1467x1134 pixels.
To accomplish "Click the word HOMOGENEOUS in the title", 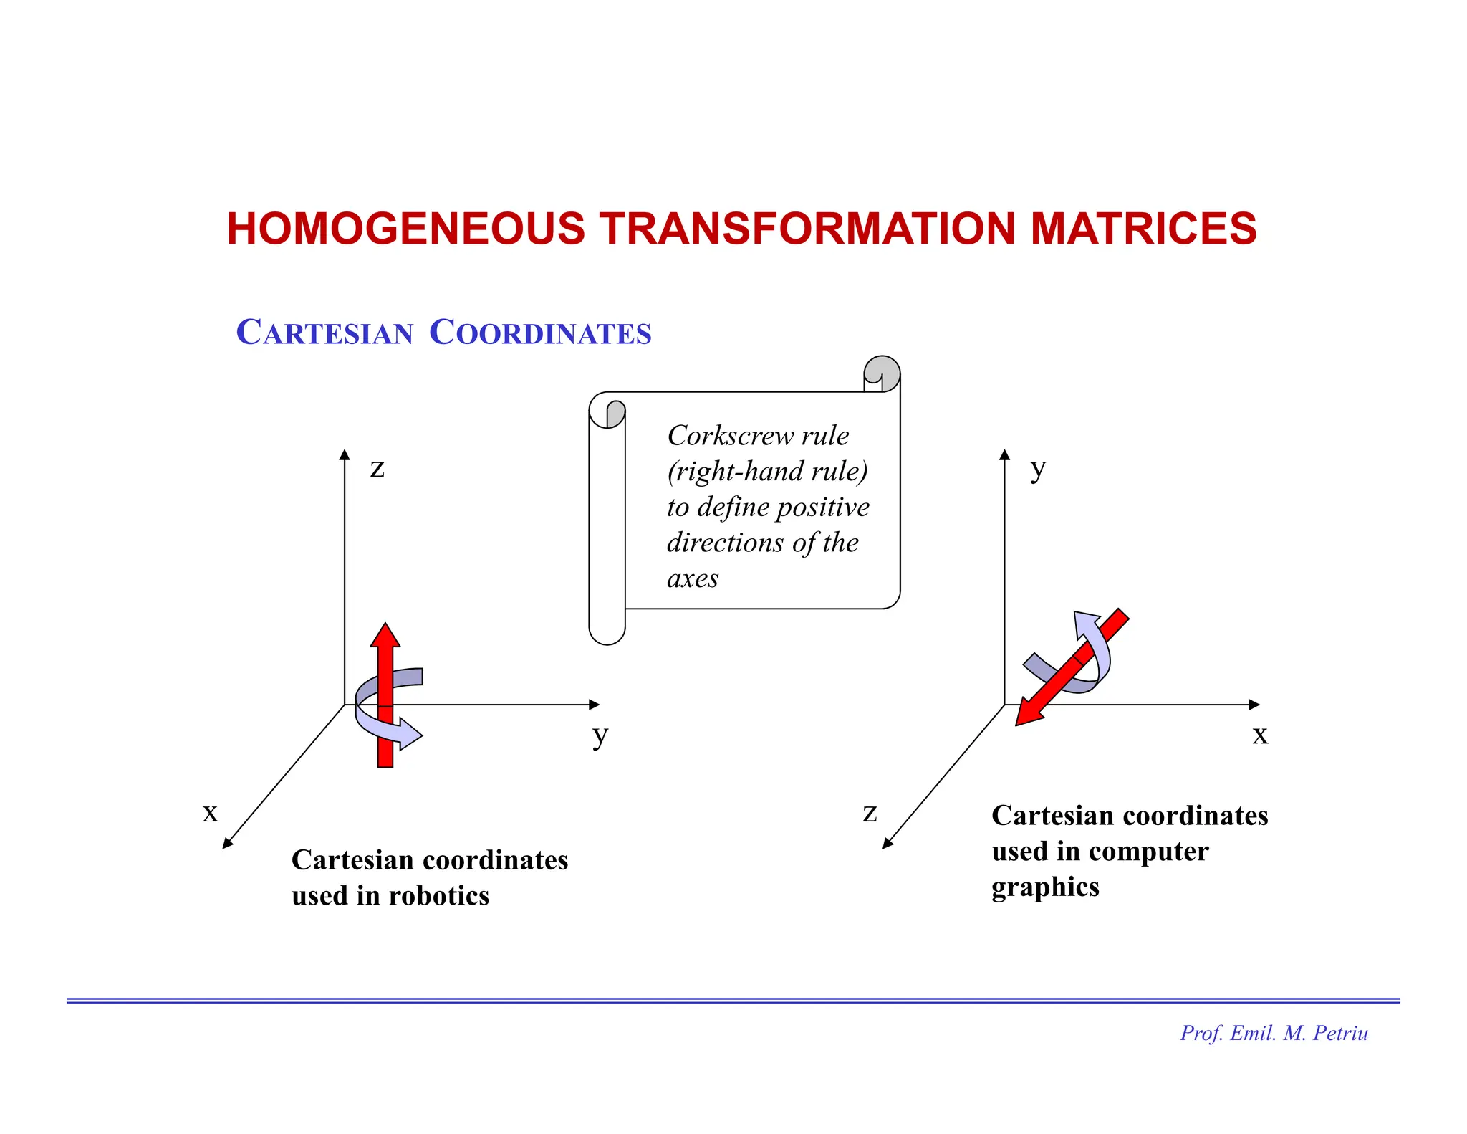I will click(x=405, y=229).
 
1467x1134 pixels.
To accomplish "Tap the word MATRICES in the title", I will click(x=1143, y=229).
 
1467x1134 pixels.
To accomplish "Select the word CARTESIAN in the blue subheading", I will click(x=324, y=333).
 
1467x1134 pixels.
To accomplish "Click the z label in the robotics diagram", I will click(x=377, y=468).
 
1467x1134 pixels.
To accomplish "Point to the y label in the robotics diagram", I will click(x=600, y=735).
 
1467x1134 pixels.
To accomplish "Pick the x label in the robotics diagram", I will click(x=210, y=813).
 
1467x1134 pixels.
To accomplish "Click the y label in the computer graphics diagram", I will click(x=1038, y=468).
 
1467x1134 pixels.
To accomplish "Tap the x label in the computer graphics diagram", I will click(x=1260, y=735).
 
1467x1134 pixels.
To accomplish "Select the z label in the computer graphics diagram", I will click(x=870, y=813).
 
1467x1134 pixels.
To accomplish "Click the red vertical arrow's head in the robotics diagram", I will click(x=385, y=635).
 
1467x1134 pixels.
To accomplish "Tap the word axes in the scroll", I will click(x=692, y=578).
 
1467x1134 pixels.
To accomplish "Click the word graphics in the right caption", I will click(x=1045, y=887).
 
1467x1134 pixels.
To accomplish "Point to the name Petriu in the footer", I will click(x=1340, y=1033).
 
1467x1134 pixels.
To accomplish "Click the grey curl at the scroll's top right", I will click(x=882, y=372).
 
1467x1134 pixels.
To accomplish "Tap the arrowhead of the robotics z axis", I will click(x=345, y=454).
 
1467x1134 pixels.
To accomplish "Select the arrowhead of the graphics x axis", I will click(x=1254, y=705).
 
